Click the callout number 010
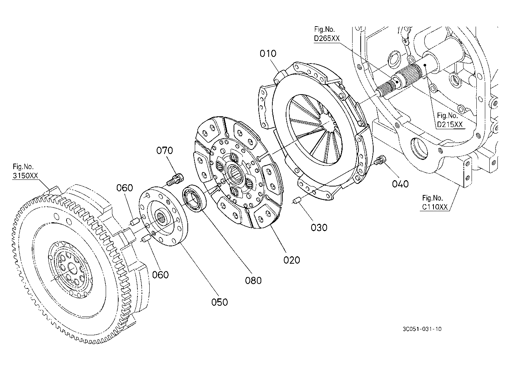click(268, 54)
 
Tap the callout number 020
click(292, 260)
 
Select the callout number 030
click(319, 227)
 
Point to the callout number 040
click(400, 184)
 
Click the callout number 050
click(220, 302)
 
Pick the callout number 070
click(164, 150)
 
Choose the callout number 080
click(253, 281)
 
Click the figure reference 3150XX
click(25, 176)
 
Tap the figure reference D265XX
click(327, 38)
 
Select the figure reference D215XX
click(450, 124)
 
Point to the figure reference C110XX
click(435, 207)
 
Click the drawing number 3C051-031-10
click(422, 329)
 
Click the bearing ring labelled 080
click(194, 198)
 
